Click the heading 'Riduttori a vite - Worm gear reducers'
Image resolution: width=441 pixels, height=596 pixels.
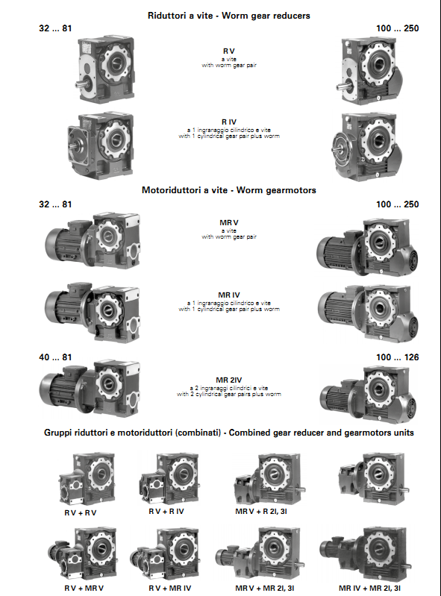tap(229, 16)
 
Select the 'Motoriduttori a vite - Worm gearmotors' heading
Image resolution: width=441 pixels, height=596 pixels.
tap(229, 190)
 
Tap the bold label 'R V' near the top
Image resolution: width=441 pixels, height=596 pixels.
tap(229, 51)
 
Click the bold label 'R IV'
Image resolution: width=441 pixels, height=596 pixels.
tap(229, 122)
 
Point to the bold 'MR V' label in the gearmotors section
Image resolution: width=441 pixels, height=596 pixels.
tap(229, 223)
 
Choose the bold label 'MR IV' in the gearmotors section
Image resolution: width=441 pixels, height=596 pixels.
tap(229, 295)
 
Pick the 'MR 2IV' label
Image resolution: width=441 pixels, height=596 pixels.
tap(229, 380)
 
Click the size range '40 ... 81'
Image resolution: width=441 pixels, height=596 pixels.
tap(55, 357)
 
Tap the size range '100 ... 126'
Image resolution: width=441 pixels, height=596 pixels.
tap(397, 357)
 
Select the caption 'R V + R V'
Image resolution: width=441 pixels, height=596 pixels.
tap(81, 512)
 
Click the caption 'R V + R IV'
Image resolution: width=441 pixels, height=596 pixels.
tap(166, 512)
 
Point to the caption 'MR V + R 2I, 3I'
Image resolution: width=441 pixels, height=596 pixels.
tap(261, 512)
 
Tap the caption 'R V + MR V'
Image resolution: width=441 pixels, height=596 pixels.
tap(84, 588)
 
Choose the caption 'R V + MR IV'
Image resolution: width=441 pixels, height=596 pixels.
tap(170, 588)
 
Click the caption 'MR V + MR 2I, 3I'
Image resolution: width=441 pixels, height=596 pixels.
tap(265, 588)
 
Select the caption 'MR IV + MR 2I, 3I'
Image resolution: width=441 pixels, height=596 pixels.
tap(369, 588)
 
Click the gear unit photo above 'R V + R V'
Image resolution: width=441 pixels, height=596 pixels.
tap(87, 479)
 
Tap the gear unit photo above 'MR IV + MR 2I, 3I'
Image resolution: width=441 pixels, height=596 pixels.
tap(366, 553)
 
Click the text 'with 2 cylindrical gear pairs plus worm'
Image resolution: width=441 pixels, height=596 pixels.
tap(229, 394)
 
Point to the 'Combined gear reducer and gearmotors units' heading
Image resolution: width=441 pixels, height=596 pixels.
tap(322, 433)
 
